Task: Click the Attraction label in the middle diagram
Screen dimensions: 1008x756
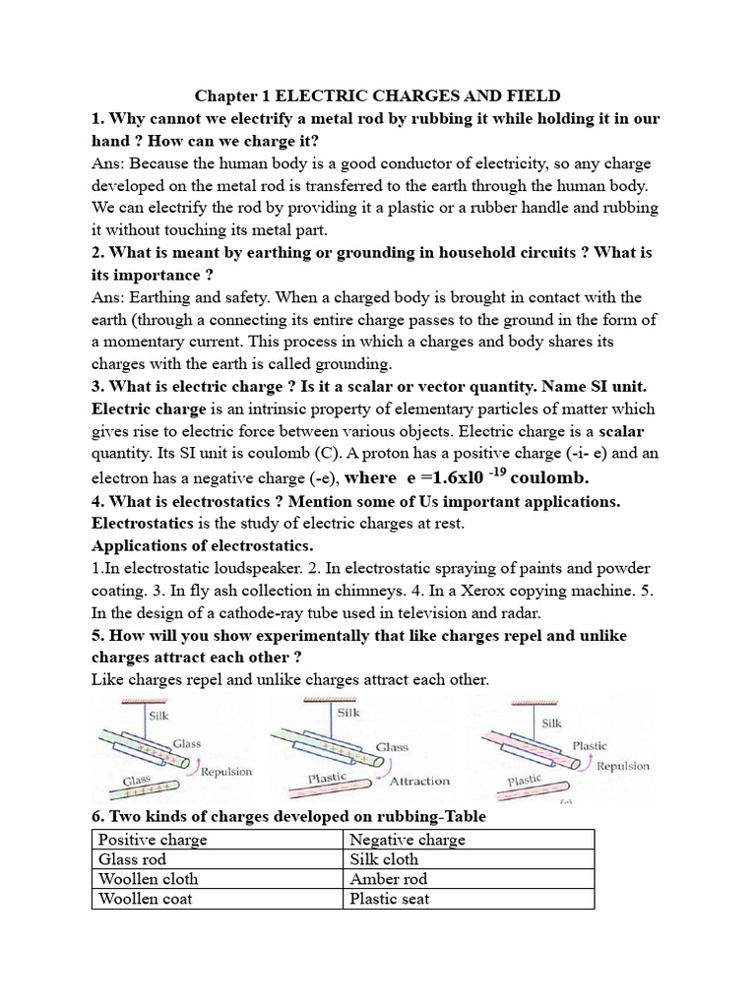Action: point(419,781)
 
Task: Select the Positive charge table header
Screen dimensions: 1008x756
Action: point(152,839)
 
